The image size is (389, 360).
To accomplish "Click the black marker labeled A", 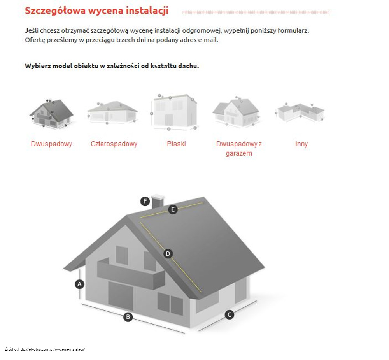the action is click(x=79, y=284).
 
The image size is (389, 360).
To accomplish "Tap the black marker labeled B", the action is click(x=128, y=317).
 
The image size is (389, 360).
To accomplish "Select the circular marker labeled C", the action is click(x=230, y=315).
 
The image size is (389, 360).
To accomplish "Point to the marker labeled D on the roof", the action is click(x=168, y=254).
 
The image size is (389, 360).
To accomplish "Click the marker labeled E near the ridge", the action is click(x=173, y=209).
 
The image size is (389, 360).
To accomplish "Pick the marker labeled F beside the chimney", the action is click(x=145, y=201).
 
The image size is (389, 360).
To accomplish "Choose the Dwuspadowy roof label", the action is click(x=51, y=144).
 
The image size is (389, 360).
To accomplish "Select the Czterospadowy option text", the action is click(x=114, y=144).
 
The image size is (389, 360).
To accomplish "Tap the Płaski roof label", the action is click(x=176, y=144).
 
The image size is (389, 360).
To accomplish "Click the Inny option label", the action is click(x=301, y=144).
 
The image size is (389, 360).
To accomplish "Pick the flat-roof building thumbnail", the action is click(x=174, y=112).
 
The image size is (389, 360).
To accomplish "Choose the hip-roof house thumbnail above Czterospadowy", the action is click(x=112, y=112).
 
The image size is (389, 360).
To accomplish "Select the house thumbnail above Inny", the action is click(x=300, y=112).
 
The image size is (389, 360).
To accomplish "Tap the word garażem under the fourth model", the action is click(x=239, y=153).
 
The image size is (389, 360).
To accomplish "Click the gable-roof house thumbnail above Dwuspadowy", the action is click(x=51, y=113).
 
